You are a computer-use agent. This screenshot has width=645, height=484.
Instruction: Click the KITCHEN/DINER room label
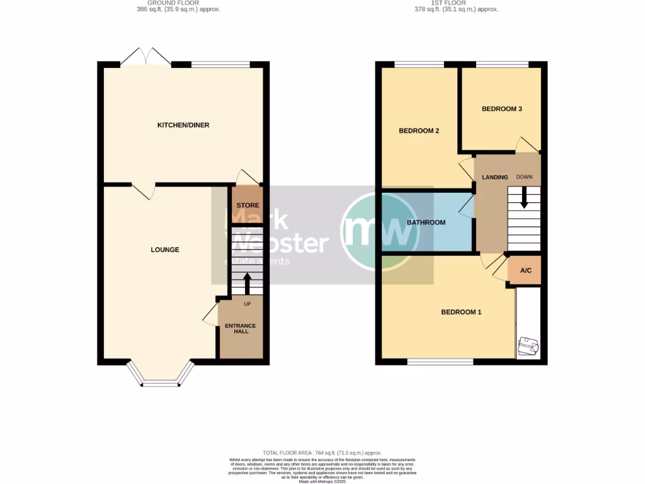(183, 125)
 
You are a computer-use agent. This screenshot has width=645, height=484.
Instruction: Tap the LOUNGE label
(165, 250)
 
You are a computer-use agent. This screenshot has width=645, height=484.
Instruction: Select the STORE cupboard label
(248, 205)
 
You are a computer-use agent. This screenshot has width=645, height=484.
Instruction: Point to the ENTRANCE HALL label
(241, 329)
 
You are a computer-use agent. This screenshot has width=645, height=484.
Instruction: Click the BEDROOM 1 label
(461, 312)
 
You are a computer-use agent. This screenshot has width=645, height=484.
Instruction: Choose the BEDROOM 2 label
(419, 131)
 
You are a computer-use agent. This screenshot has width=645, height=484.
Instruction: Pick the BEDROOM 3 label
(501, 109)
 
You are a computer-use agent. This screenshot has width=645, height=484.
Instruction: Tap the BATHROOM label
(426, 222)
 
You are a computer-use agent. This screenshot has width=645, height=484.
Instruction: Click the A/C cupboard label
(526, 271)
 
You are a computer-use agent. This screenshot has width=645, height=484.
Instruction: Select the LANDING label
(494, 177)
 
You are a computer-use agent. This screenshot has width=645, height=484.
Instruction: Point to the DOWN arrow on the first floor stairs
(523, 200)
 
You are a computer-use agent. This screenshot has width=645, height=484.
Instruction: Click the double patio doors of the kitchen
(146, 57)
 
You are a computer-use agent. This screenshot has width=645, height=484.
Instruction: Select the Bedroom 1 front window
(440, 362)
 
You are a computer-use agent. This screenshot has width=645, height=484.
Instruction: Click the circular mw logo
(380, 231)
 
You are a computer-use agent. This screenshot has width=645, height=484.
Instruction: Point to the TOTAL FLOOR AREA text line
(322, 453)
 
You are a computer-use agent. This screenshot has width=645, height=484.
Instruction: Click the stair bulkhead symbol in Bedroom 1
(527, 346)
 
